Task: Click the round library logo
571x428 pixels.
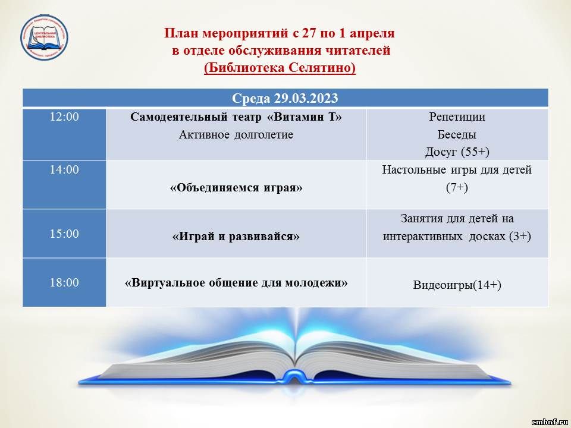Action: point(44,37)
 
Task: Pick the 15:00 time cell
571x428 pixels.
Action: point(64,233)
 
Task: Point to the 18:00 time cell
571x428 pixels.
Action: point(64,282)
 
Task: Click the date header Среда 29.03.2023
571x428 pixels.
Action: point(285,98)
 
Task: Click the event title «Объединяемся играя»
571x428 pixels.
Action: point(236,188)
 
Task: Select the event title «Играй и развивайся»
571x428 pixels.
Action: point(236,237)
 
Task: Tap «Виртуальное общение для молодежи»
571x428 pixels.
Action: point(236,283)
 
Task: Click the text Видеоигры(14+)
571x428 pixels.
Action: point(457,285)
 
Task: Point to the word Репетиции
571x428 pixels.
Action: point(457,117)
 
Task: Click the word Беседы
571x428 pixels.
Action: point(457,135)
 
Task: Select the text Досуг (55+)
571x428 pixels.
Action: point(457,152)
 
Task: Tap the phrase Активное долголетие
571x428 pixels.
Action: point(236,135)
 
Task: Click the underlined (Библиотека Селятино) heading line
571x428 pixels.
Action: point(280,68)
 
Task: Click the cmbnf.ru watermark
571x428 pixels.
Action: point(550,422)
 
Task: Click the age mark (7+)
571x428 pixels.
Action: point(457,187)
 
